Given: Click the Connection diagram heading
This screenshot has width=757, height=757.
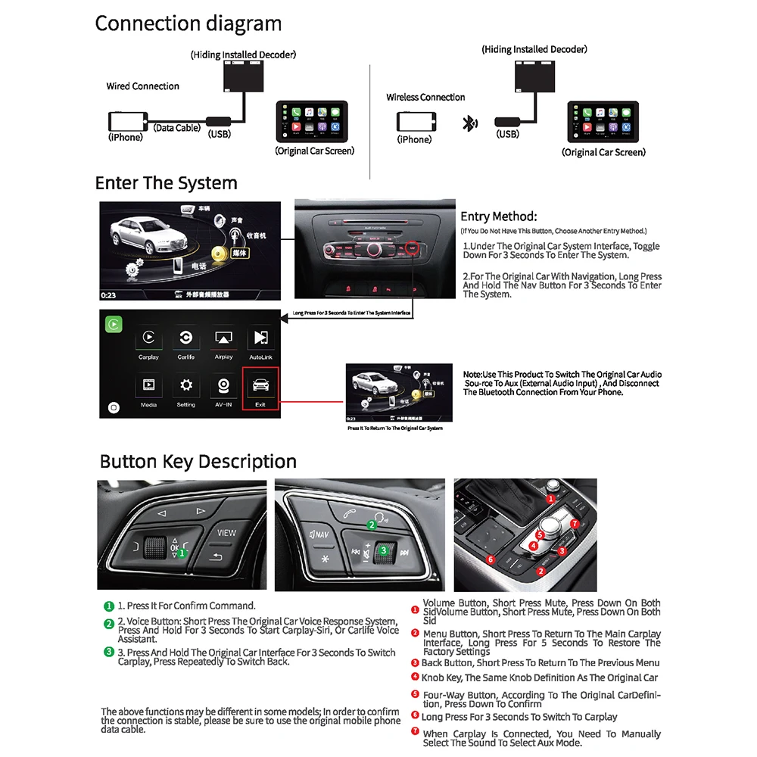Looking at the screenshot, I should (x=188, y=23).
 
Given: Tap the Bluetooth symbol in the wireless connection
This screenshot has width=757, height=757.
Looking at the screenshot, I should (x=469, y=123).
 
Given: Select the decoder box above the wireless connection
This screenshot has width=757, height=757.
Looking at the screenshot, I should (x=534, y=75).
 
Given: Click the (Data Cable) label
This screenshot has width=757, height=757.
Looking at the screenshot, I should (x=177, y=128).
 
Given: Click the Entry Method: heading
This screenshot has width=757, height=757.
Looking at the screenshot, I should (x=498, y=217).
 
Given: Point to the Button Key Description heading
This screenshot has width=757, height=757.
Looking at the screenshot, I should (x=198, y=462).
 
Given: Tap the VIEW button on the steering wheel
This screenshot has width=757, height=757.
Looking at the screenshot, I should (x=226, y=532).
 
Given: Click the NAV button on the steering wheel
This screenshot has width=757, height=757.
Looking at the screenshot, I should (x=319, y=535).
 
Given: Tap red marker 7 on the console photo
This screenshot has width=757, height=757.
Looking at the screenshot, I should (x=575, y=523).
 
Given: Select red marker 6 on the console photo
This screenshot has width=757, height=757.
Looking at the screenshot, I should (x=490, y=559).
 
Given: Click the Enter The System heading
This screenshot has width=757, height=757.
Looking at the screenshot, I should (x=166, y=183).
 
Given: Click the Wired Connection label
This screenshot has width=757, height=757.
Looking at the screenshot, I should (x=143, y=86).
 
